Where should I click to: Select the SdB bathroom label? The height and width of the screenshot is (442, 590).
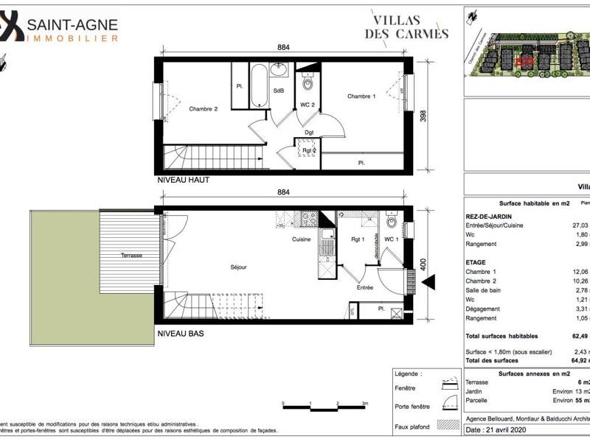click(x=279, y=91)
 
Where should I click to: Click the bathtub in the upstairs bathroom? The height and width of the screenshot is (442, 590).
click(x=259, y=86)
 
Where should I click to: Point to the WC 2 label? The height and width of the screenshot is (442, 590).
click(x=308, y=105)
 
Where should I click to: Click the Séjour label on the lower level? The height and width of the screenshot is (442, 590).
click(x=238, y=267)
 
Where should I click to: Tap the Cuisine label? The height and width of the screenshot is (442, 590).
click(x=301, y=239)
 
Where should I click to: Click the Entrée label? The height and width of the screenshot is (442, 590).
click(x=365, y=287)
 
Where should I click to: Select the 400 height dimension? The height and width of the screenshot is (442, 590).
click(x=423, y=264)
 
